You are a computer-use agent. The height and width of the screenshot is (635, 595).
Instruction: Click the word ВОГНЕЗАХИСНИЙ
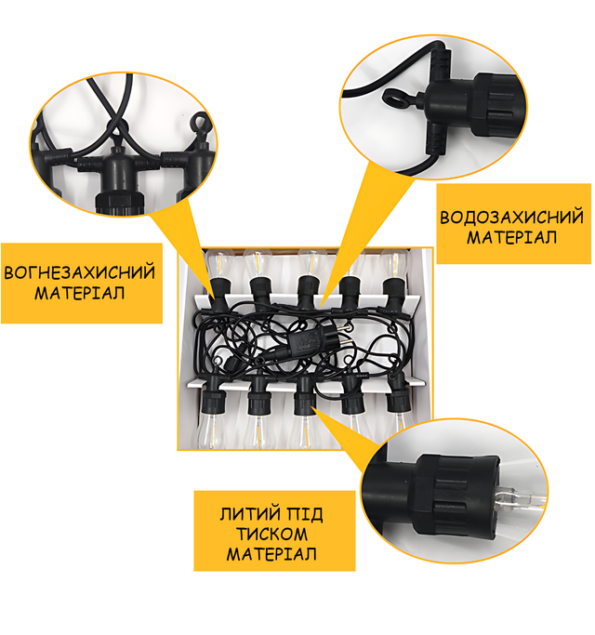[79, 271]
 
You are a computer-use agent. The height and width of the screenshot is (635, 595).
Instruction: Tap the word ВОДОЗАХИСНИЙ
[512, 217]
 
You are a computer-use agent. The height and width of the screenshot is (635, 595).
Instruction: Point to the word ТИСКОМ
[271, 534]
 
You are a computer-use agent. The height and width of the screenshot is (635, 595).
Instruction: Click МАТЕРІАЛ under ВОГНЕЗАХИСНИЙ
[79, 293]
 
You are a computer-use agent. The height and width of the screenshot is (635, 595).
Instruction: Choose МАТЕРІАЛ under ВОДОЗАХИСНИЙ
[512, 237]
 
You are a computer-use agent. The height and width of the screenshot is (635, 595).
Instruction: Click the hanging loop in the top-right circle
[398, 99]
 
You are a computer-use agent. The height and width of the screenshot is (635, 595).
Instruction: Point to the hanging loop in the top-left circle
[199, 123]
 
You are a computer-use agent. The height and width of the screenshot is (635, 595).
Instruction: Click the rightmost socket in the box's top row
[393, 292]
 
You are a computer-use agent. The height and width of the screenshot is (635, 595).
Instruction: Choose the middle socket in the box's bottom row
[305, 396]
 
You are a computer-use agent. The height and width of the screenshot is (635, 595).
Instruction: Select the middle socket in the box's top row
[308, 292]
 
